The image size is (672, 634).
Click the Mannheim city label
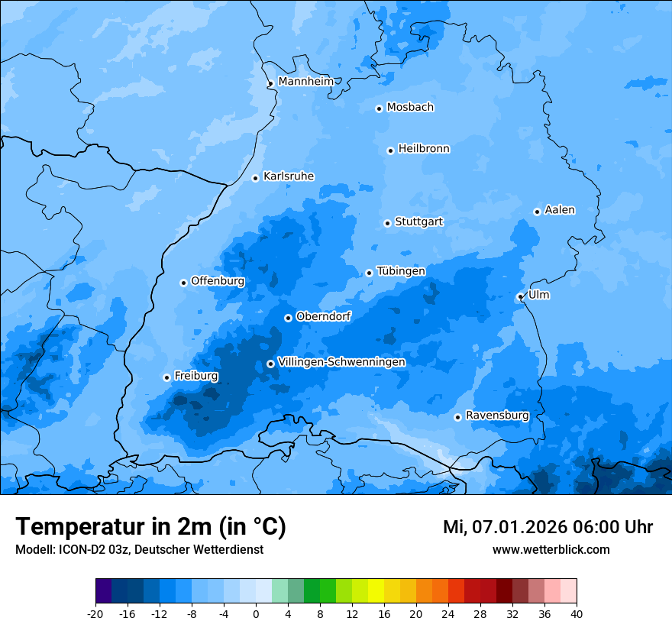coord(306,82)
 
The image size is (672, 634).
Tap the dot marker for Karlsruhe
coord(256,178)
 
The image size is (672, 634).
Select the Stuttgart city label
coord(418,222)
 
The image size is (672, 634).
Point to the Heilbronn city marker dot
coord(390,150)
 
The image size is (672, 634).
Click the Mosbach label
coord(410,108)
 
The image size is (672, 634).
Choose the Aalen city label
coord(560,210)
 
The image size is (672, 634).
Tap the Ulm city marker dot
coord(520,297)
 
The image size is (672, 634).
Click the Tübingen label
coord(401,271)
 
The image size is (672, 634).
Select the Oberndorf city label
coord(324,316)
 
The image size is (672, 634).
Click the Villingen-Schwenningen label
coord(341,362)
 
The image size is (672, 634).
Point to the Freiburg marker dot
coord(166,377)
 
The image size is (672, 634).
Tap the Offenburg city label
coord(218,281)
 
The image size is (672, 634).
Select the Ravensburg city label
coord(497,416)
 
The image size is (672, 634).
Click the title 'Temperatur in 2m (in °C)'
coord(151,526)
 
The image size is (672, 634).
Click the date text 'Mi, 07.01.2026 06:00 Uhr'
coord(548,527)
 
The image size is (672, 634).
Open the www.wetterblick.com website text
coord(551,549)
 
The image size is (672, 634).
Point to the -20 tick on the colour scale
coord(95,613)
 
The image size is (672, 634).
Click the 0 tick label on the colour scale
coord(256,613)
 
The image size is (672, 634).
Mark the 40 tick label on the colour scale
coord(577,613)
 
